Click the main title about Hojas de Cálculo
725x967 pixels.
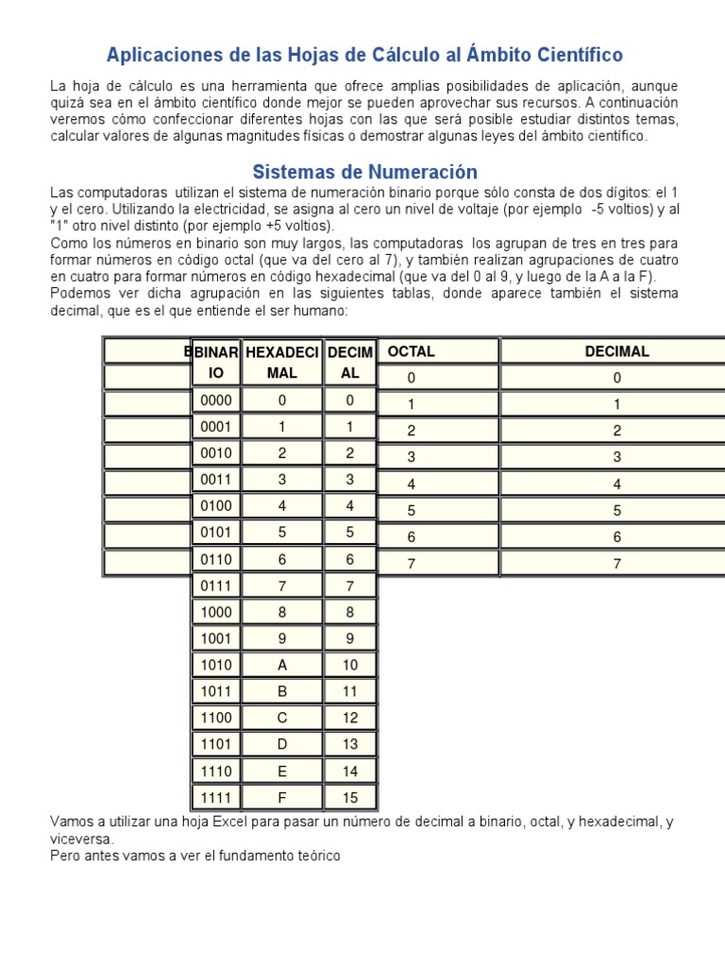364,55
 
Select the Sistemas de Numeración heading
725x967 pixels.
364,172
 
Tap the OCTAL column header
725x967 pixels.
412,351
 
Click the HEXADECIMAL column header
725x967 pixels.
282,362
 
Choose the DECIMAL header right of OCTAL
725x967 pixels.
616,351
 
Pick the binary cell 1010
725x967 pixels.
216,665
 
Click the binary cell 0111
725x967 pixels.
216,585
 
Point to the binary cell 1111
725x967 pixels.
216,797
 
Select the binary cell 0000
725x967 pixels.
216,400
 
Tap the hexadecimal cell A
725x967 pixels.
282,665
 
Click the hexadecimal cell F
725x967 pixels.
282,797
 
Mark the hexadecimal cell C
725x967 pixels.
282,718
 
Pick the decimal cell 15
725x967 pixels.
350,797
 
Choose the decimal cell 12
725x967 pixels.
350,718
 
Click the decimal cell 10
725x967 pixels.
350,665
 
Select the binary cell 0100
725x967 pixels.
216,506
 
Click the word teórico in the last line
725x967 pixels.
316,856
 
